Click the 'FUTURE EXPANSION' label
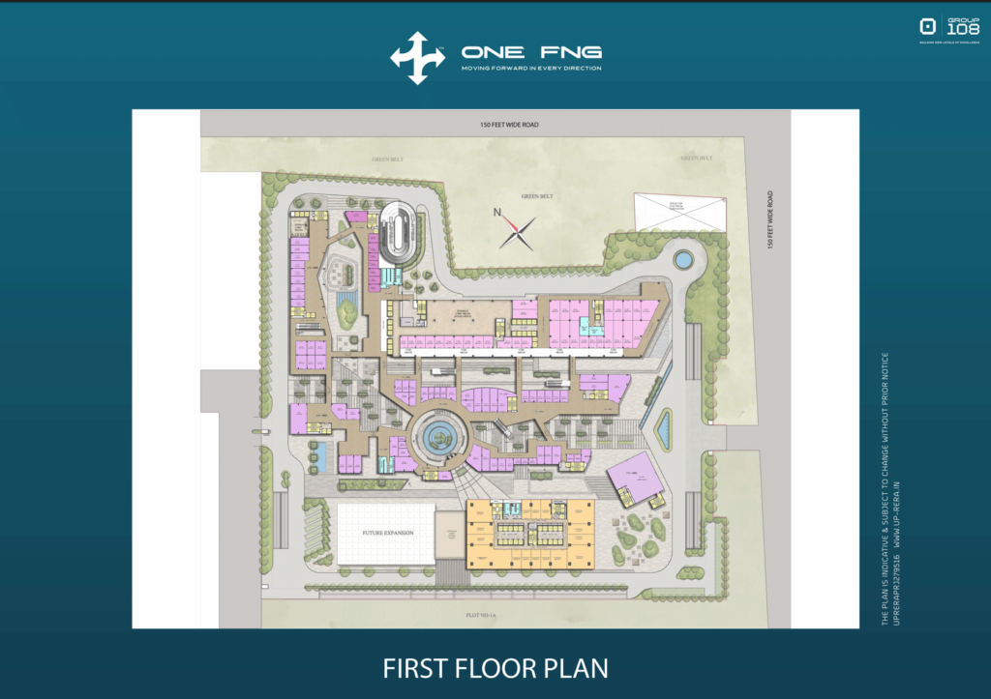click(x=383, y=532)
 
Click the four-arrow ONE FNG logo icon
click(x=417, y=58)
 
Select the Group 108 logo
click(x=949, y=30)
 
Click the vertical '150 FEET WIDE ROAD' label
click(x=771, y=221)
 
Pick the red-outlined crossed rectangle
click(x=680, y=212)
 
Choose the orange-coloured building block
click(x=529, y=534)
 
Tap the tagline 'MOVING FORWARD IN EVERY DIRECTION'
click(x=531, y=69)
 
